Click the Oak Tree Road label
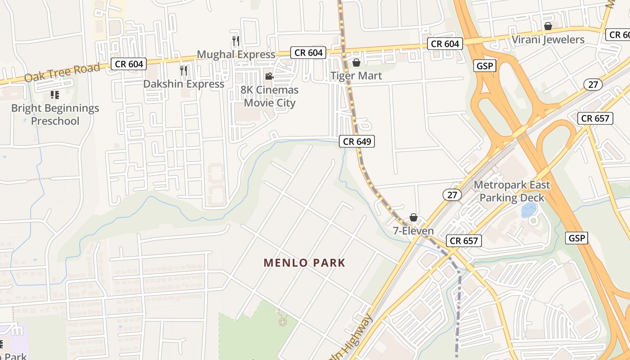[62, 72]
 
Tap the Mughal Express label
[236, 54]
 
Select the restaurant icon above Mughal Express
[236, 40]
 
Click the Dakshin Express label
[184, 84]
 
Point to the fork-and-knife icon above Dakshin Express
[184, 70]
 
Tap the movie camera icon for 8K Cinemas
[269, 76]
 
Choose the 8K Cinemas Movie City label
[270, 96]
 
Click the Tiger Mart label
[356, 76]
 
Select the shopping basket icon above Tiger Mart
[356, 62]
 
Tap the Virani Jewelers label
[548, 40]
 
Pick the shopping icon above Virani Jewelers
[548, 26]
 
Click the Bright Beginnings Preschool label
[55, 114]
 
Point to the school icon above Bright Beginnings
[55, 94]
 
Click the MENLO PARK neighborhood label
[305, 263]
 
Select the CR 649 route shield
[357, 141]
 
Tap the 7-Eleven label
[413, 231]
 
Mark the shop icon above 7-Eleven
[413, 218]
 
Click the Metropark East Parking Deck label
[512, 191]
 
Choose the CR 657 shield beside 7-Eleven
[464, 241]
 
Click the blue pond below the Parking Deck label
[528, 210]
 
